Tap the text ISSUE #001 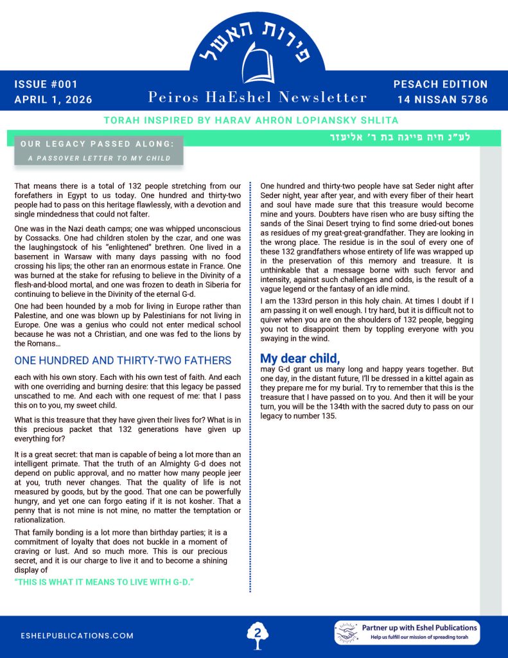tap(46, 84)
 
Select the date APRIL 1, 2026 tap(53, 100)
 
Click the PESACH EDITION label tap(440, 84)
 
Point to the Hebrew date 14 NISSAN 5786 tap(442, 100)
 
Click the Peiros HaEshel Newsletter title tap(258, 98)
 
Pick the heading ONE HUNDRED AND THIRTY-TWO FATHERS tap(123, 360)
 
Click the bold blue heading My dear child tap(299, 359)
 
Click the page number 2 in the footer tap(258, 633)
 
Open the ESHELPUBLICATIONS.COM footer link tap(76, 636)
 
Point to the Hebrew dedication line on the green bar tap(409, 137)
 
